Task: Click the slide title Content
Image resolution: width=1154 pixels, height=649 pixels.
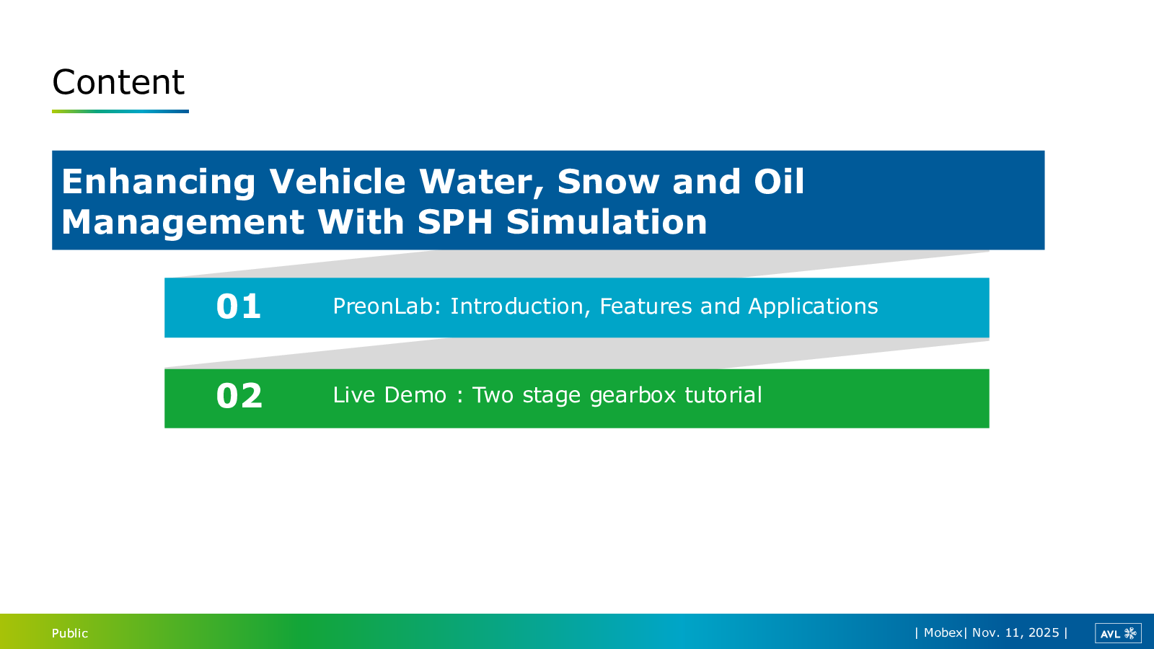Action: point(118,82)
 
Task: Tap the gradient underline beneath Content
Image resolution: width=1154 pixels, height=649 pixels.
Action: point(120,111)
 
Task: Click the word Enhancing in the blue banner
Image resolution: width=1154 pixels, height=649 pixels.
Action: point(158,182)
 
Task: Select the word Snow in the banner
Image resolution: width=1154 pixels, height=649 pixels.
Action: point(608,181)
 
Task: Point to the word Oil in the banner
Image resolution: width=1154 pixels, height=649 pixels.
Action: point(778,181)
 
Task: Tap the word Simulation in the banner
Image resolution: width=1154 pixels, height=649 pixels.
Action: point(607,221)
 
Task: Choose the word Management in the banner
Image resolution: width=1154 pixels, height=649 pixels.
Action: point(182,223)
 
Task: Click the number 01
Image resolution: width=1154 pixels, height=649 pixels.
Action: point(239,306)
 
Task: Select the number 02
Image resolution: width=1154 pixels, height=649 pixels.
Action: point(239,396)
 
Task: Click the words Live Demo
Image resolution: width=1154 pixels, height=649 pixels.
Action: point(389,395)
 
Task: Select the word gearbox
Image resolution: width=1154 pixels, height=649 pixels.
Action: point(632,396)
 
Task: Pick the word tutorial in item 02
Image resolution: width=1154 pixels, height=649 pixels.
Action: point(723,395)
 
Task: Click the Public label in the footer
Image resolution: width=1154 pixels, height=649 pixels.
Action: point(70,633)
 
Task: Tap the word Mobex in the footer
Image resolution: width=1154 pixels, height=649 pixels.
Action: point(943,632)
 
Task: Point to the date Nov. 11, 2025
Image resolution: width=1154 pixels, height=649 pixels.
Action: point(1016,632)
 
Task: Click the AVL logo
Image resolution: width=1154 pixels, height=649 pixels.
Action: point(1118,633)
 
